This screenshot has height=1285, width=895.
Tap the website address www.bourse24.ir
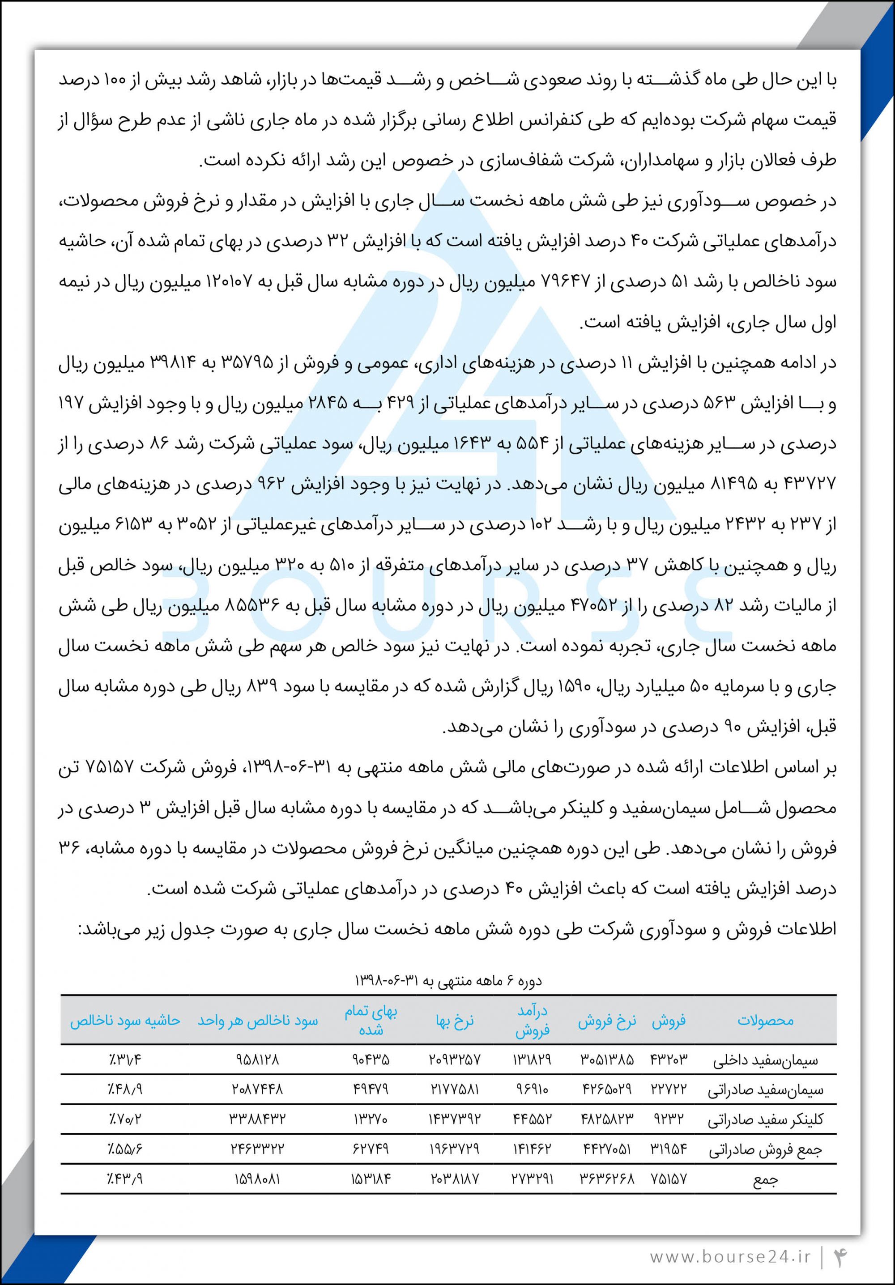tap(730, 1256)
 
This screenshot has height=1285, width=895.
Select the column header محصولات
tap(765, 1020)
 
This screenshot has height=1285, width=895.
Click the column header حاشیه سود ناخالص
tap(125, 1020)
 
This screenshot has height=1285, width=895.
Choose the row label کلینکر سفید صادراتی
tap(765, 1120)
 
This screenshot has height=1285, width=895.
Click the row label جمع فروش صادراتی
tap(765, 1150)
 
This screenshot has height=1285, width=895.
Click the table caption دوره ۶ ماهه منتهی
tap(448, 981)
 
